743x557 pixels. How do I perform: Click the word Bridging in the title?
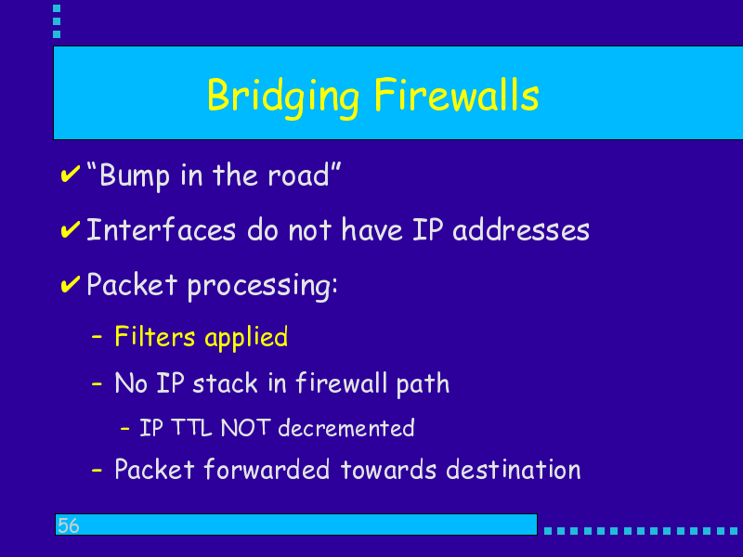pyautogui.click(x=283, y=97)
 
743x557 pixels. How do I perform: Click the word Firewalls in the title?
pyautogui.click(x=457, y=95)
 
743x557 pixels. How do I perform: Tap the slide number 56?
pyautogui.click(x=68, y=525)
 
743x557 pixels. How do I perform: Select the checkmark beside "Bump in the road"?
pyautogui.click(x=71, y=174)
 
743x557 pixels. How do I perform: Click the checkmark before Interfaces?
pyautogui.click(x=71, y=229)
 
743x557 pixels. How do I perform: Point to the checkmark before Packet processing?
pyautogui.click(x=71, y=284)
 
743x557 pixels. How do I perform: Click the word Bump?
pyautogui.click(x=134, y=176)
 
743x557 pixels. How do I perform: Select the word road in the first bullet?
pyautogui.click(x=298, y=175)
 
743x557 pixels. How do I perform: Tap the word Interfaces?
pyautogui.click(x=161, y=230)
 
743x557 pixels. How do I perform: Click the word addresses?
pyautogui.click(x=521, y=230)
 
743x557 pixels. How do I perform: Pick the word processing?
pyautogui.click(x=263, y=287)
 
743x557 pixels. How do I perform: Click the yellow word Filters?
pyautogui.click(x=154, y=337)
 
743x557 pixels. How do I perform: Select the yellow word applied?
pyautogui.click(x=246, y=339)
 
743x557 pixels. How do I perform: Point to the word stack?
pyautogui.click(x=225, y=382)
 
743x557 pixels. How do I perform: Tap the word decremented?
pyautogui.click(x=345, y=428)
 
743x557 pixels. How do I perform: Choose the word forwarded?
pyautogui.click(x=267, y=469)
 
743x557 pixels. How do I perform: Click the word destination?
pyautogui.click(x=514, y=469)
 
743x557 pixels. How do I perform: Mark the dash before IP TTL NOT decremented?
pyautogui.click(x=125, y=429)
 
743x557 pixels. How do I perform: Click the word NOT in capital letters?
pyautogui.click(x=245, y=428)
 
